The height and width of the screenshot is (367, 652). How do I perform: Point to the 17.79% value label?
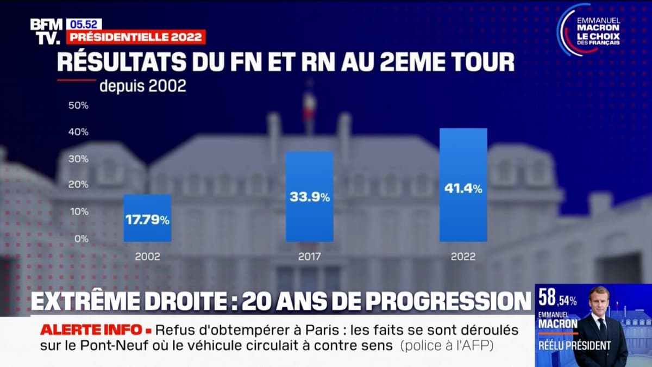click(147, 221)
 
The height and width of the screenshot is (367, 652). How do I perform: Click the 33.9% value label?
click(309, 198)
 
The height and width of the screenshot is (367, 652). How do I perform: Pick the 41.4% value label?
click(463, 189)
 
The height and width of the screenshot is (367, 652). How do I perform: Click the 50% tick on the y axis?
click(78, 105)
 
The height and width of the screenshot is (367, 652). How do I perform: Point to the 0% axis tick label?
click(81, 238)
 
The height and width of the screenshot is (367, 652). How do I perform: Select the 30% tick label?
click(78, 158)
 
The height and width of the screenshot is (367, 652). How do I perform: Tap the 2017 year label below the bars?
click(309, 257)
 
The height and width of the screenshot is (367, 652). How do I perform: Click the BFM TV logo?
click(46, 31)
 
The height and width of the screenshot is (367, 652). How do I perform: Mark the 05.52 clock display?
click(84, 24)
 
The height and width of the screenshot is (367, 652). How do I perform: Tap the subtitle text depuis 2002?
click(142, 86)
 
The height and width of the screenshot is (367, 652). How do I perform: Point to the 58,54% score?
click(557, 298)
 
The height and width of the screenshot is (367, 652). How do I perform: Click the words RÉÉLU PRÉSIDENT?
click(574, 345)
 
